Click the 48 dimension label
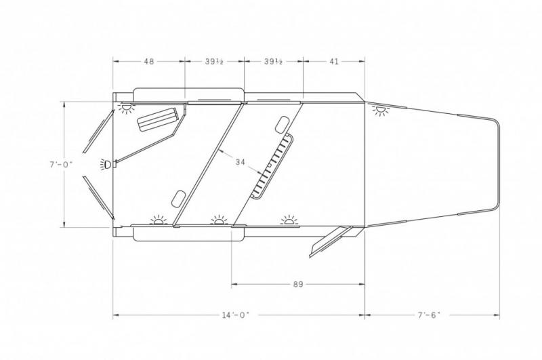tap(148, 61)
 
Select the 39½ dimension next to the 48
tap(214, 61)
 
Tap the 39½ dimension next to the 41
tap(273, 61)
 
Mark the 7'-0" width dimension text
tap(62, 164)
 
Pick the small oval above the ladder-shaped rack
tap(280, 124)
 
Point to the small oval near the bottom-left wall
tap(179, 198)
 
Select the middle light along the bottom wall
tap(218, 220)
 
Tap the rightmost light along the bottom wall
tap(289, 220)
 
